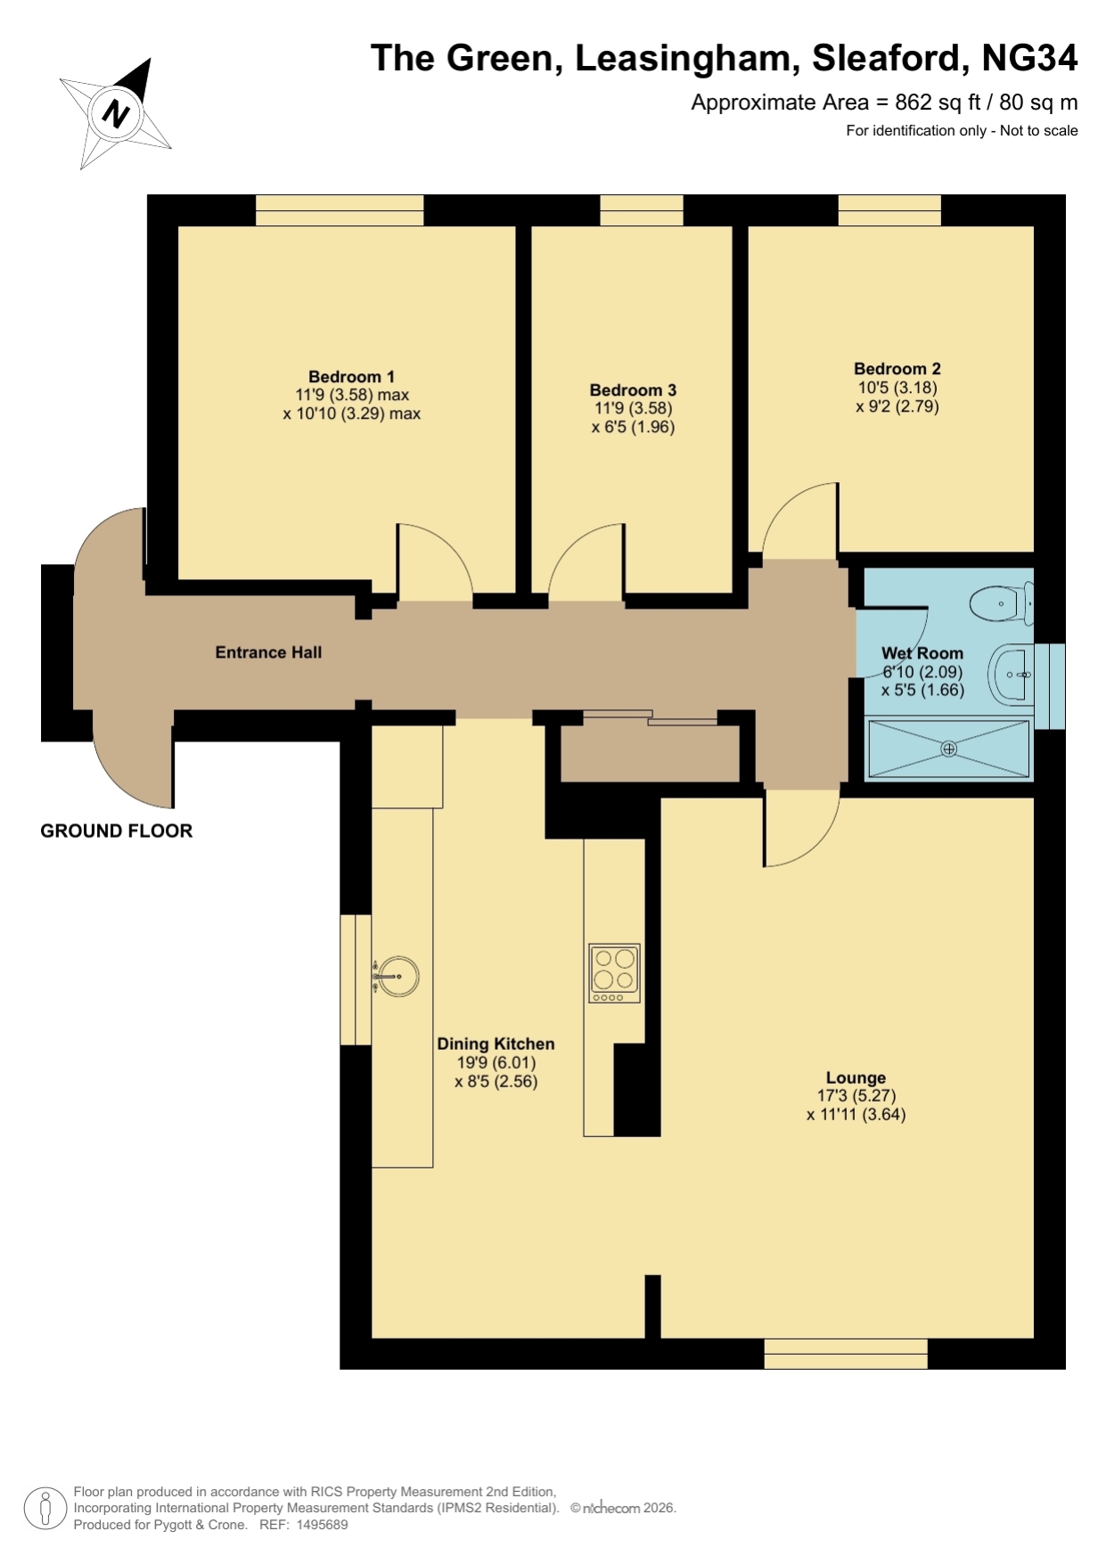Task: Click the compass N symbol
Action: pos(116,113)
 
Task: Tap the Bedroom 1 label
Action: pos(351,377)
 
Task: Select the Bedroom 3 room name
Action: pos(633,390)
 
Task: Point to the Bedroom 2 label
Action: pos(897,369)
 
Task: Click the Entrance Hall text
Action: pos(268,652)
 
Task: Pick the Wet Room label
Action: pos(922,653)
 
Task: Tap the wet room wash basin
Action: pos(1011,675)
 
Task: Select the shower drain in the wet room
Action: pos(949,749)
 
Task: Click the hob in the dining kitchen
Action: pos(615,973)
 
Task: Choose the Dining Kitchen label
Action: pos(496,1044)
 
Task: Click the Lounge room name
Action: pos(856,1077)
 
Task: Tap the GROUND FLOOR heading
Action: pos(117,831)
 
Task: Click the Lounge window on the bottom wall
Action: pos(846,1354)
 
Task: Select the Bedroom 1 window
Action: pos(340,210)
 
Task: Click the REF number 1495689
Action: pos(322,1525)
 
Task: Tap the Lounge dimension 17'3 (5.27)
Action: pos(856,1096)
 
